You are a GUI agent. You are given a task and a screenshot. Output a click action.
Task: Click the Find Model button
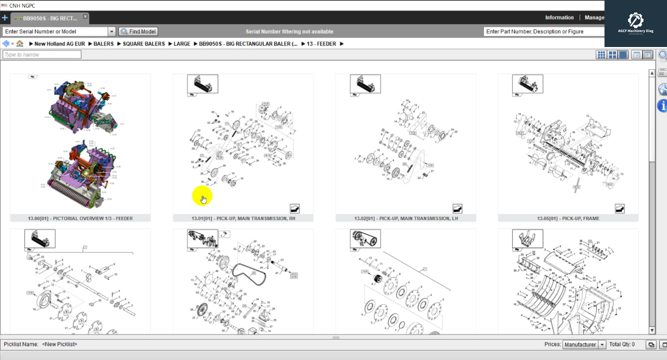tap(138, 32)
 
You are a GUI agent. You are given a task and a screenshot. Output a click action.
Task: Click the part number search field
tap(542, 32)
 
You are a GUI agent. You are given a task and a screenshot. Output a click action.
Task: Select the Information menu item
tap(559, 18)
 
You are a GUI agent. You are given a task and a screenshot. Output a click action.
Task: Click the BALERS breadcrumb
tap(103, 44)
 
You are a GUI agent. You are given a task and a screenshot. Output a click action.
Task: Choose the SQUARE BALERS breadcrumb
tap(144, 44)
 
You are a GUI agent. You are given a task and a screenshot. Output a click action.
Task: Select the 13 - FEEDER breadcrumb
tap(321, 44)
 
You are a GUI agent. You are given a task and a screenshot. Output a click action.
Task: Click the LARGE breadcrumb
tap(182, 44)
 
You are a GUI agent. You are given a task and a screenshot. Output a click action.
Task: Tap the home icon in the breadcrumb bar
tap(20, 44)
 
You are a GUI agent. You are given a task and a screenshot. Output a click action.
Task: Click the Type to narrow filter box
tap(42, 55)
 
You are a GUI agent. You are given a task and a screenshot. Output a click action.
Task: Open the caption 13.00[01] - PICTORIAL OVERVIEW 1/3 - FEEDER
tap(80, 218)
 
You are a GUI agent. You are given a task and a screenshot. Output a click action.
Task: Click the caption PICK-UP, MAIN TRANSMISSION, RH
tap(243, 218)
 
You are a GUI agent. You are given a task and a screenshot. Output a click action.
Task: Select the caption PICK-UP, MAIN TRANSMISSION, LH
tap(405, 218)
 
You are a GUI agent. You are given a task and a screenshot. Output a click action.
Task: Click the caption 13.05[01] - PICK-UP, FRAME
tap(568, 218)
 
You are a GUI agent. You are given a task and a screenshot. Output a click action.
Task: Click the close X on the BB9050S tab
tap(85, 17)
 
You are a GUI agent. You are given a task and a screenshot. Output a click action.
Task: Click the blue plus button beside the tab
tap(5, 18)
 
